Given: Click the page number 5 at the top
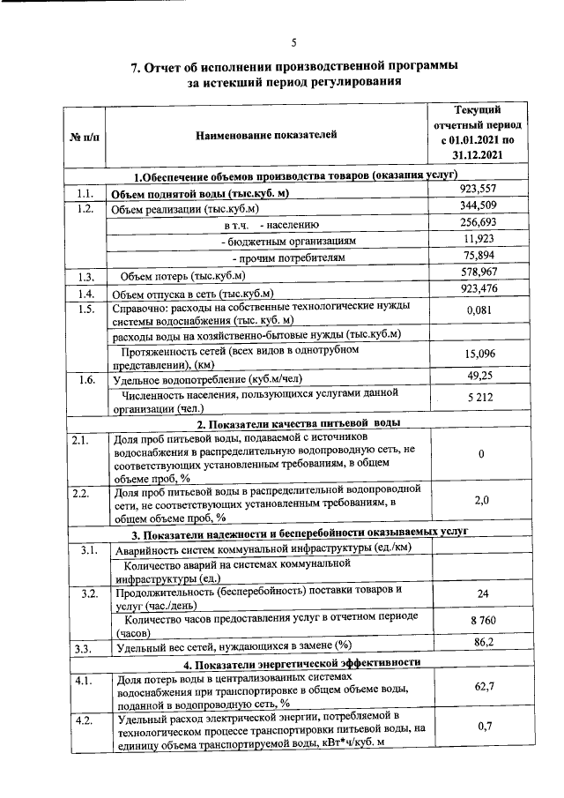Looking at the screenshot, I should pos(294,43).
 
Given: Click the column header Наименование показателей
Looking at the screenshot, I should pos(266,134).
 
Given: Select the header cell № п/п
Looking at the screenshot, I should pos(84,135).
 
